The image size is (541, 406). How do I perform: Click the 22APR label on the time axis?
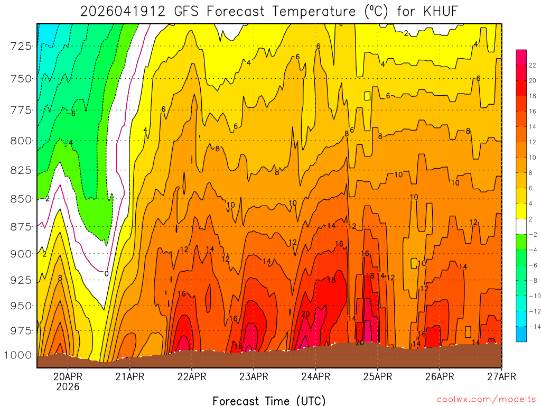[191, 377]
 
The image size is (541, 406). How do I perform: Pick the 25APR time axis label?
[377, 377]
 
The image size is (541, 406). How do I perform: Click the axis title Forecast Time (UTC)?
[269, 400]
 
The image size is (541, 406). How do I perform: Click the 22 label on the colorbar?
[533, 65]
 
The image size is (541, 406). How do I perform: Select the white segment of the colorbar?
[521, 226]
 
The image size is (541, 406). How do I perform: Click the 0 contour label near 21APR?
[106, 274]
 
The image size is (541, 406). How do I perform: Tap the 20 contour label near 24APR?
[305, 314]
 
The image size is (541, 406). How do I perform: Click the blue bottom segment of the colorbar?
[521, 334]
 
